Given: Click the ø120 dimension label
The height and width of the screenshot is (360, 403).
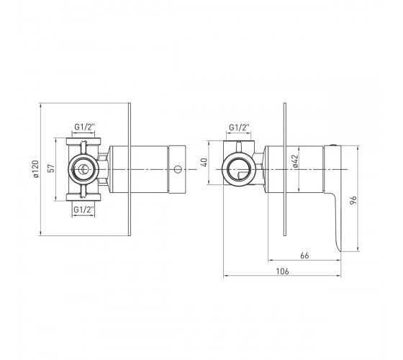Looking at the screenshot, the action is click(36, 169).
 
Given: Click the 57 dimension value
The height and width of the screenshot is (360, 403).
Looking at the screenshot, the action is click(51, 168).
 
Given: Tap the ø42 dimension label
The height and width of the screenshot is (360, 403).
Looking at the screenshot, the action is click(296, 161).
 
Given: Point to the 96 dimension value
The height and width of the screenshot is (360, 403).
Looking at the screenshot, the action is click(353, 200).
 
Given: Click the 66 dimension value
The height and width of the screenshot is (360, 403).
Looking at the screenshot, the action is click(304, 256).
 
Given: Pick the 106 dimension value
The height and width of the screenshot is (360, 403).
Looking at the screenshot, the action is click(282, 271).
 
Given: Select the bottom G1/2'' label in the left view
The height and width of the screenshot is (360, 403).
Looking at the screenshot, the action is click(83, 210).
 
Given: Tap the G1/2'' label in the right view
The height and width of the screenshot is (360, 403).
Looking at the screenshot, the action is click(239, 127).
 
